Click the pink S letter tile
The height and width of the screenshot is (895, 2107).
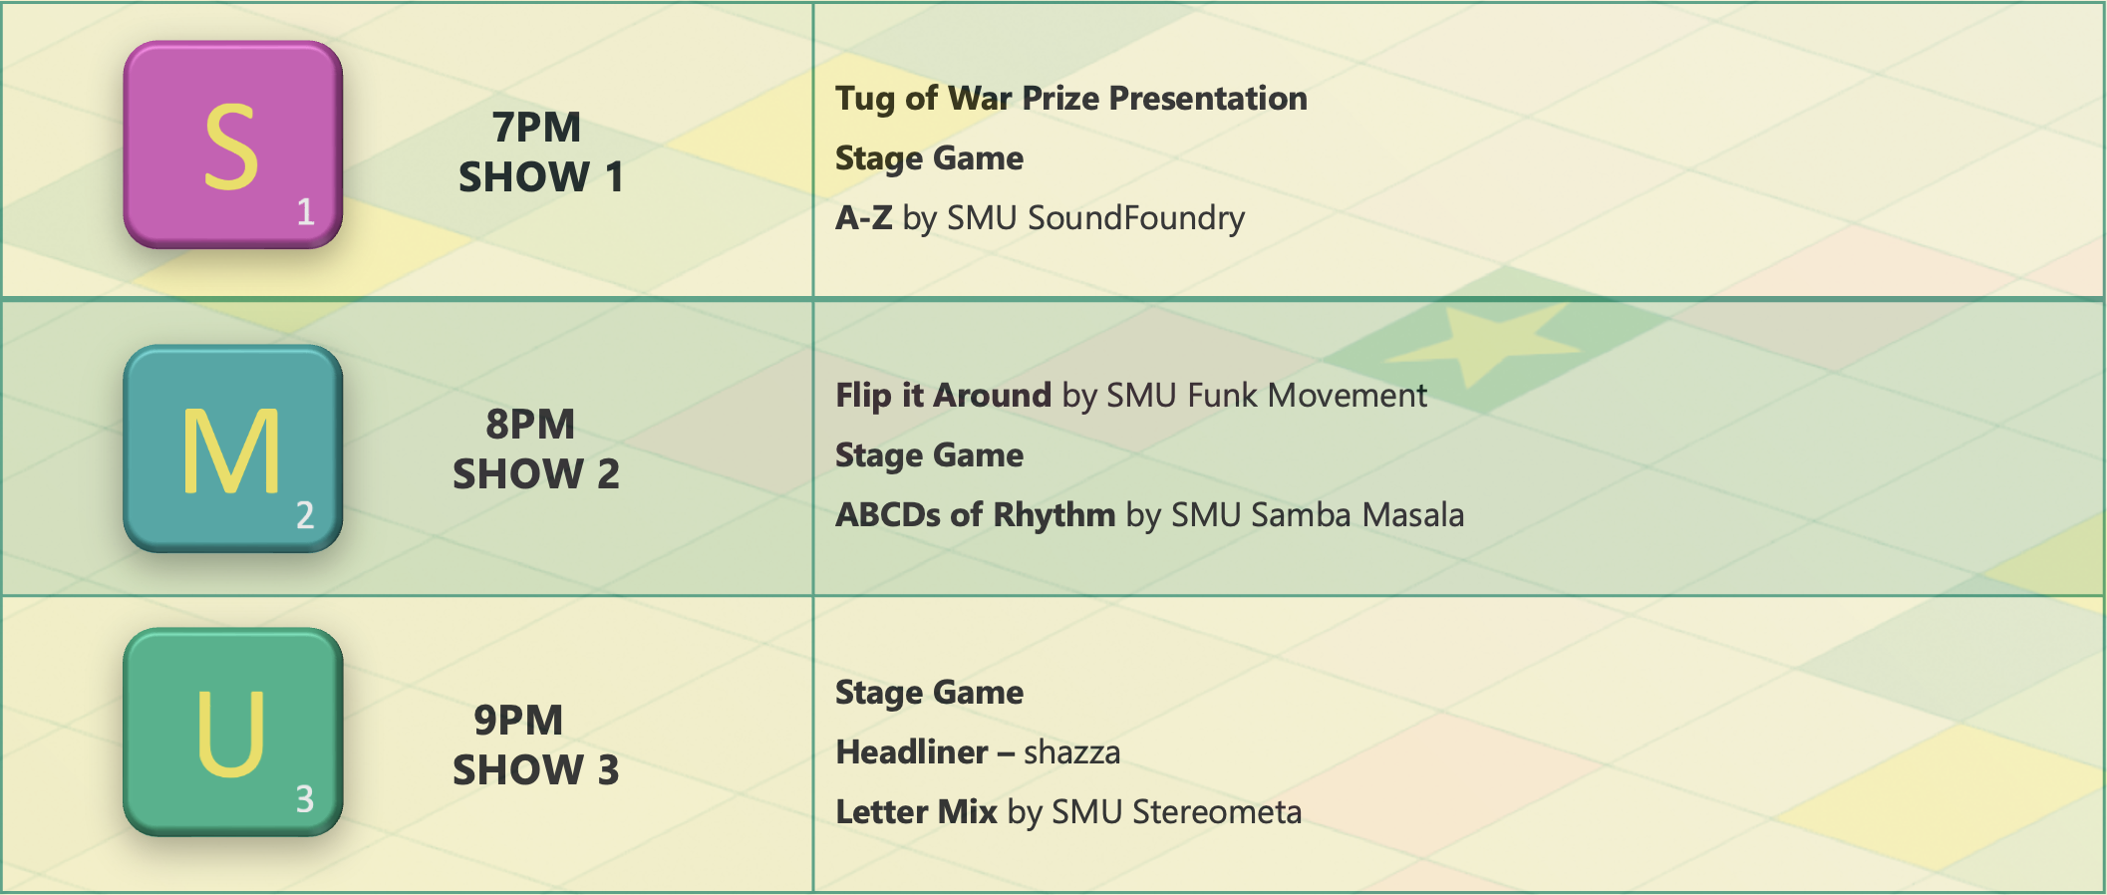click(233, 145)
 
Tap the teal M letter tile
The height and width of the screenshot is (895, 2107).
click(233, 448)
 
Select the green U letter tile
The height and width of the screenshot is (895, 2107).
click(233, 732)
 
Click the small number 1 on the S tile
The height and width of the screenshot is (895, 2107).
click(305, 211)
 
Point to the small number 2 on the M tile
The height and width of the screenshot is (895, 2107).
click(305, 514)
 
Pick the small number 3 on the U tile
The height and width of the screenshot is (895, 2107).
click(305, 798)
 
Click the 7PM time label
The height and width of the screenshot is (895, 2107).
click(536, 127)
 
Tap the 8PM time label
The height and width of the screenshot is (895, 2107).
click(530, 424)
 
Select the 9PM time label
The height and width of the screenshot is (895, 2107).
click(518, 720)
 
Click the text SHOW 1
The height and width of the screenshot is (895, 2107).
click(541, 176)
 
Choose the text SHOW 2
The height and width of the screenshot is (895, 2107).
click(536, 473)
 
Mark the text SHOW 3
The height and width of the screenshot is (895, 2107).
click(536, 769)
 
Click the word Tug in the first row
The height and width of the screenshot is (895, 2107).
click(865, 100)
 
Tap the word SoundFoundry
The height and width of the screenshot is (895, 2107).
click(1136, 217)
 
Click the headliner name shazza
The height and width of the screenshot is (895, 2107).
click(1072, 752)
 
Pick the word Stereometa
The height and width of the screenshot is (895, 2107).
click(1217, 812)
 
